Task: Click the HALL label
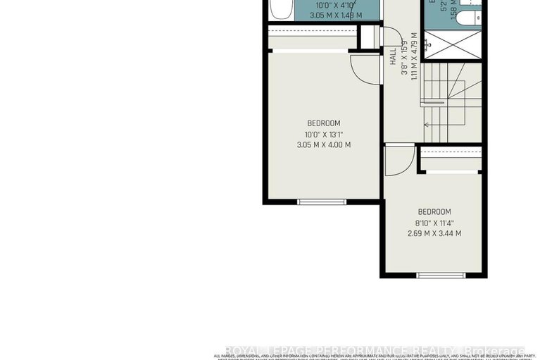coord(393,57)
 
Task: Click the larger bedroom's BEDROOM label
coord(323,123)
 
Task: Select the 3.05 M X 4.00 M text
coord(323,145)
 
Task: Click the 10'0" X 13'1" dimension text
coord(323,135)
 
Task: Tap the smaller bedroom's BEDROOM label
coord(434,212)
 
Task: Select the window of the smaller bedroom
coord(432,274)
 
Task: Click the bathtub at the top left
coord(277,11)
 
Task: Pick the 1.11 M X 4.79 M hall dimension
coord(415,56)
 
